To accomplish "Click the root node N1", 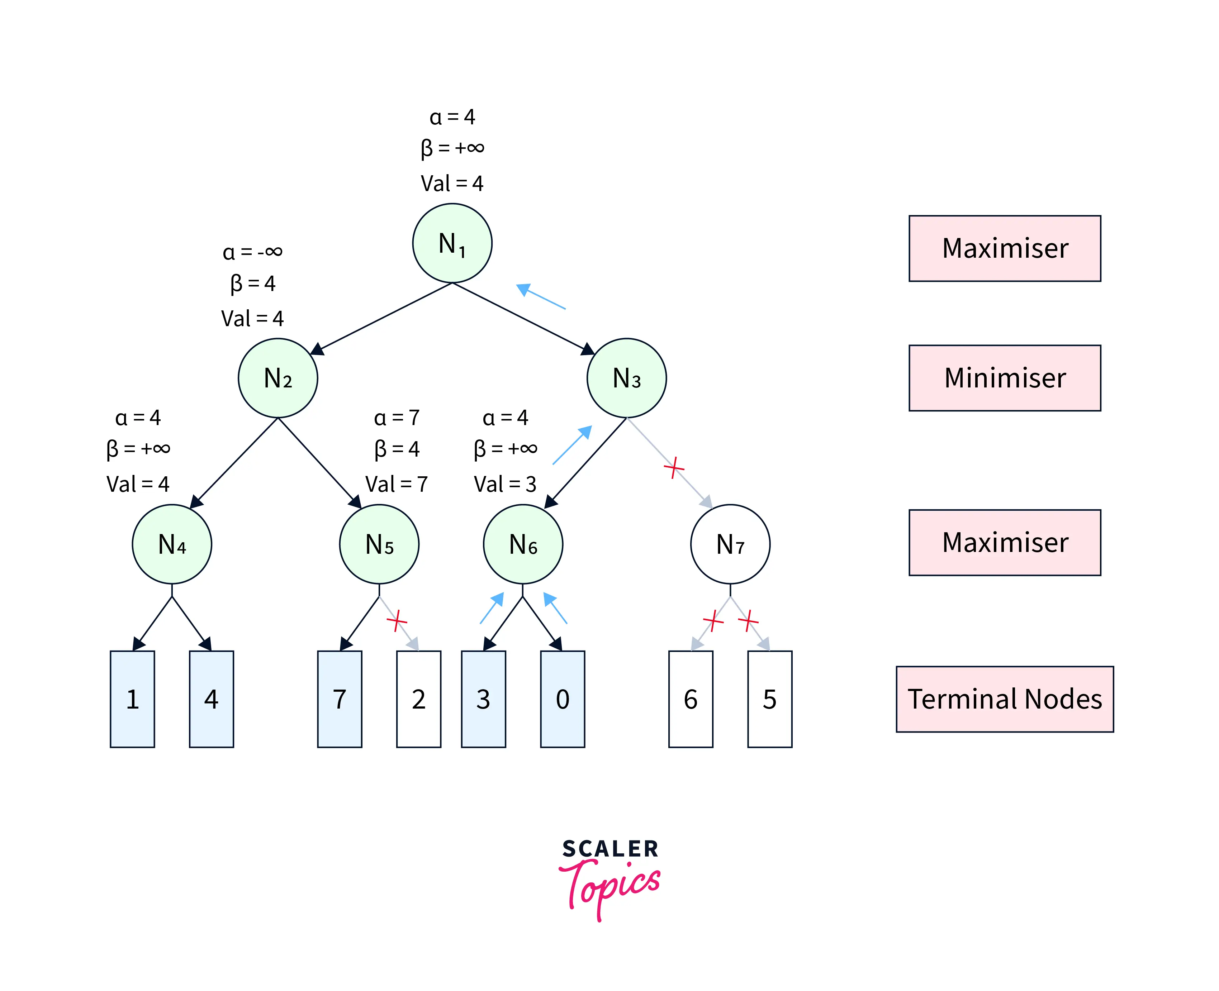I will coord(452,243).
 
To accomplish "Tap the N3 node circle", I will coord(626,378).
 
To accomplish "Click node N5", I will coord(379,544).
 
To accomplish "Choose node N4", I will coord(172,544).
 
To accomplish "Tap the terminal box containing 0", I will coord(563,699).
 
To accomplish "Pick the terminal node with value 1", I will coord(132,699).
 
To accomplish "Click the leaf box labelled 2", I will coord(418,699).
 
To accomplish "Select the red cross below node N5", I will coord(397,620).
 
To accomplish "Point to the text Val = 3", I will coord(505,484).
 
